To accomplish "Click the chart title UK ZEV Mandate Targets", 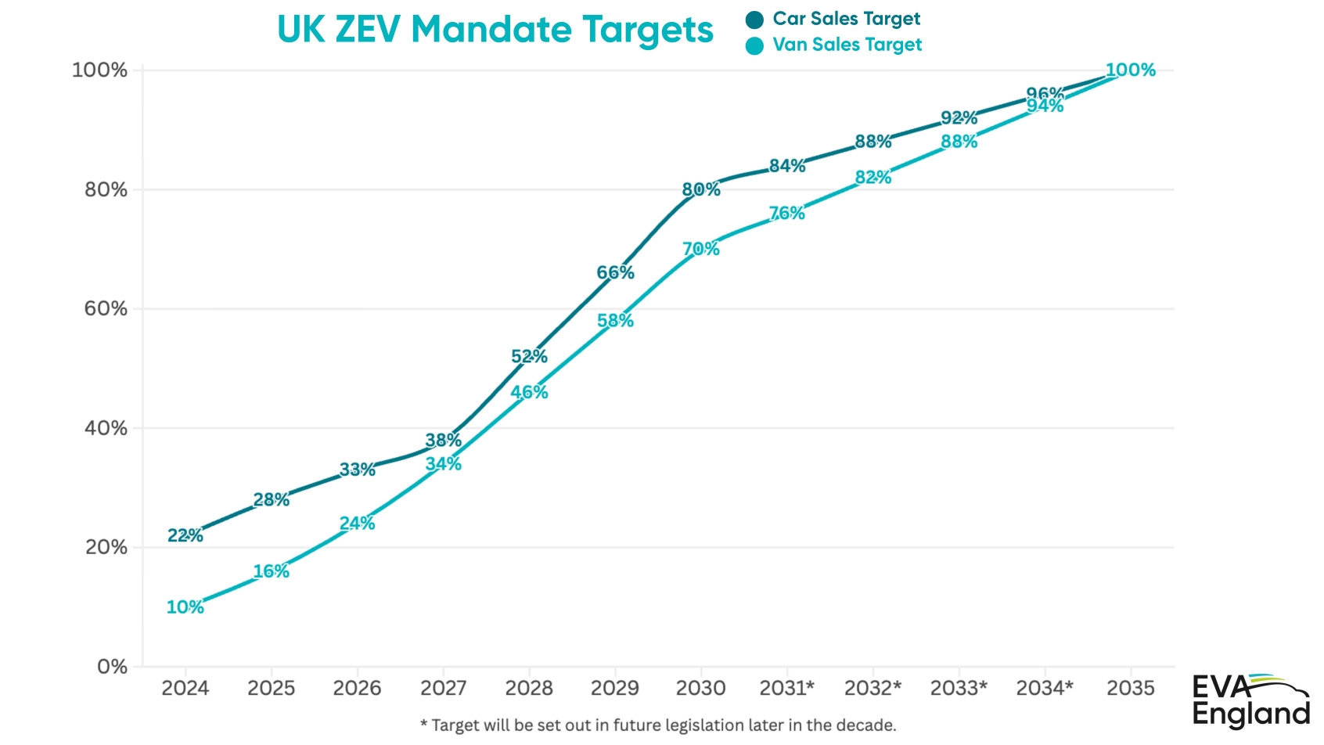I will (495, 30).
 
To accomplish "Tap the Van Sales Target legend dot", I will (754, 46).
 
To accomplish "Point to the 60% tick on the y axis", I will (106, 308).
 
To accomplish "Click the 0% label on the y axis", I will (112, 667).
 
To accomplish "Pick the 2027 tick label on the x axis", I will (443, 688).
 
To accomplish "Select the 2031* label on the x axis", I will (786, 688).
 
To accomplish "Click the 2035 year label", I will (1130, 688).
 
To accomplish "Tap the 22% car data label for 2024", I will (185, 535).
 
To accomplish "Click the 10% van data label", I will (185, 607).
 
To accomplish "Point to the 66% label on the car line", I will (615, 272).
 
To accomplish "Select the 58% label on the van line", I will (615, 321).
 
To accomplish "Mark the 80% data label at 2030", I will (700, 189).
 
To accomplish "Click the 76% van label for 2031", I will (786, 213).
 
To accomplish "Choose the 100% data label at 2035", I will (1130, 70).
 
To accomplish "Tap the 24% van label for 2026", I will (357, 524).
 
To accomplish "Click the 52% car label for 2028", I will (529, 357).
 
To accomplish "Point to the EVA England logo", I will (1250, 700).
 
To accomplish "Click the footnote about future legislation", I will (657, 725).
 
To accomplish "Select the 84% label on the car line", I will (786, 166).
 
